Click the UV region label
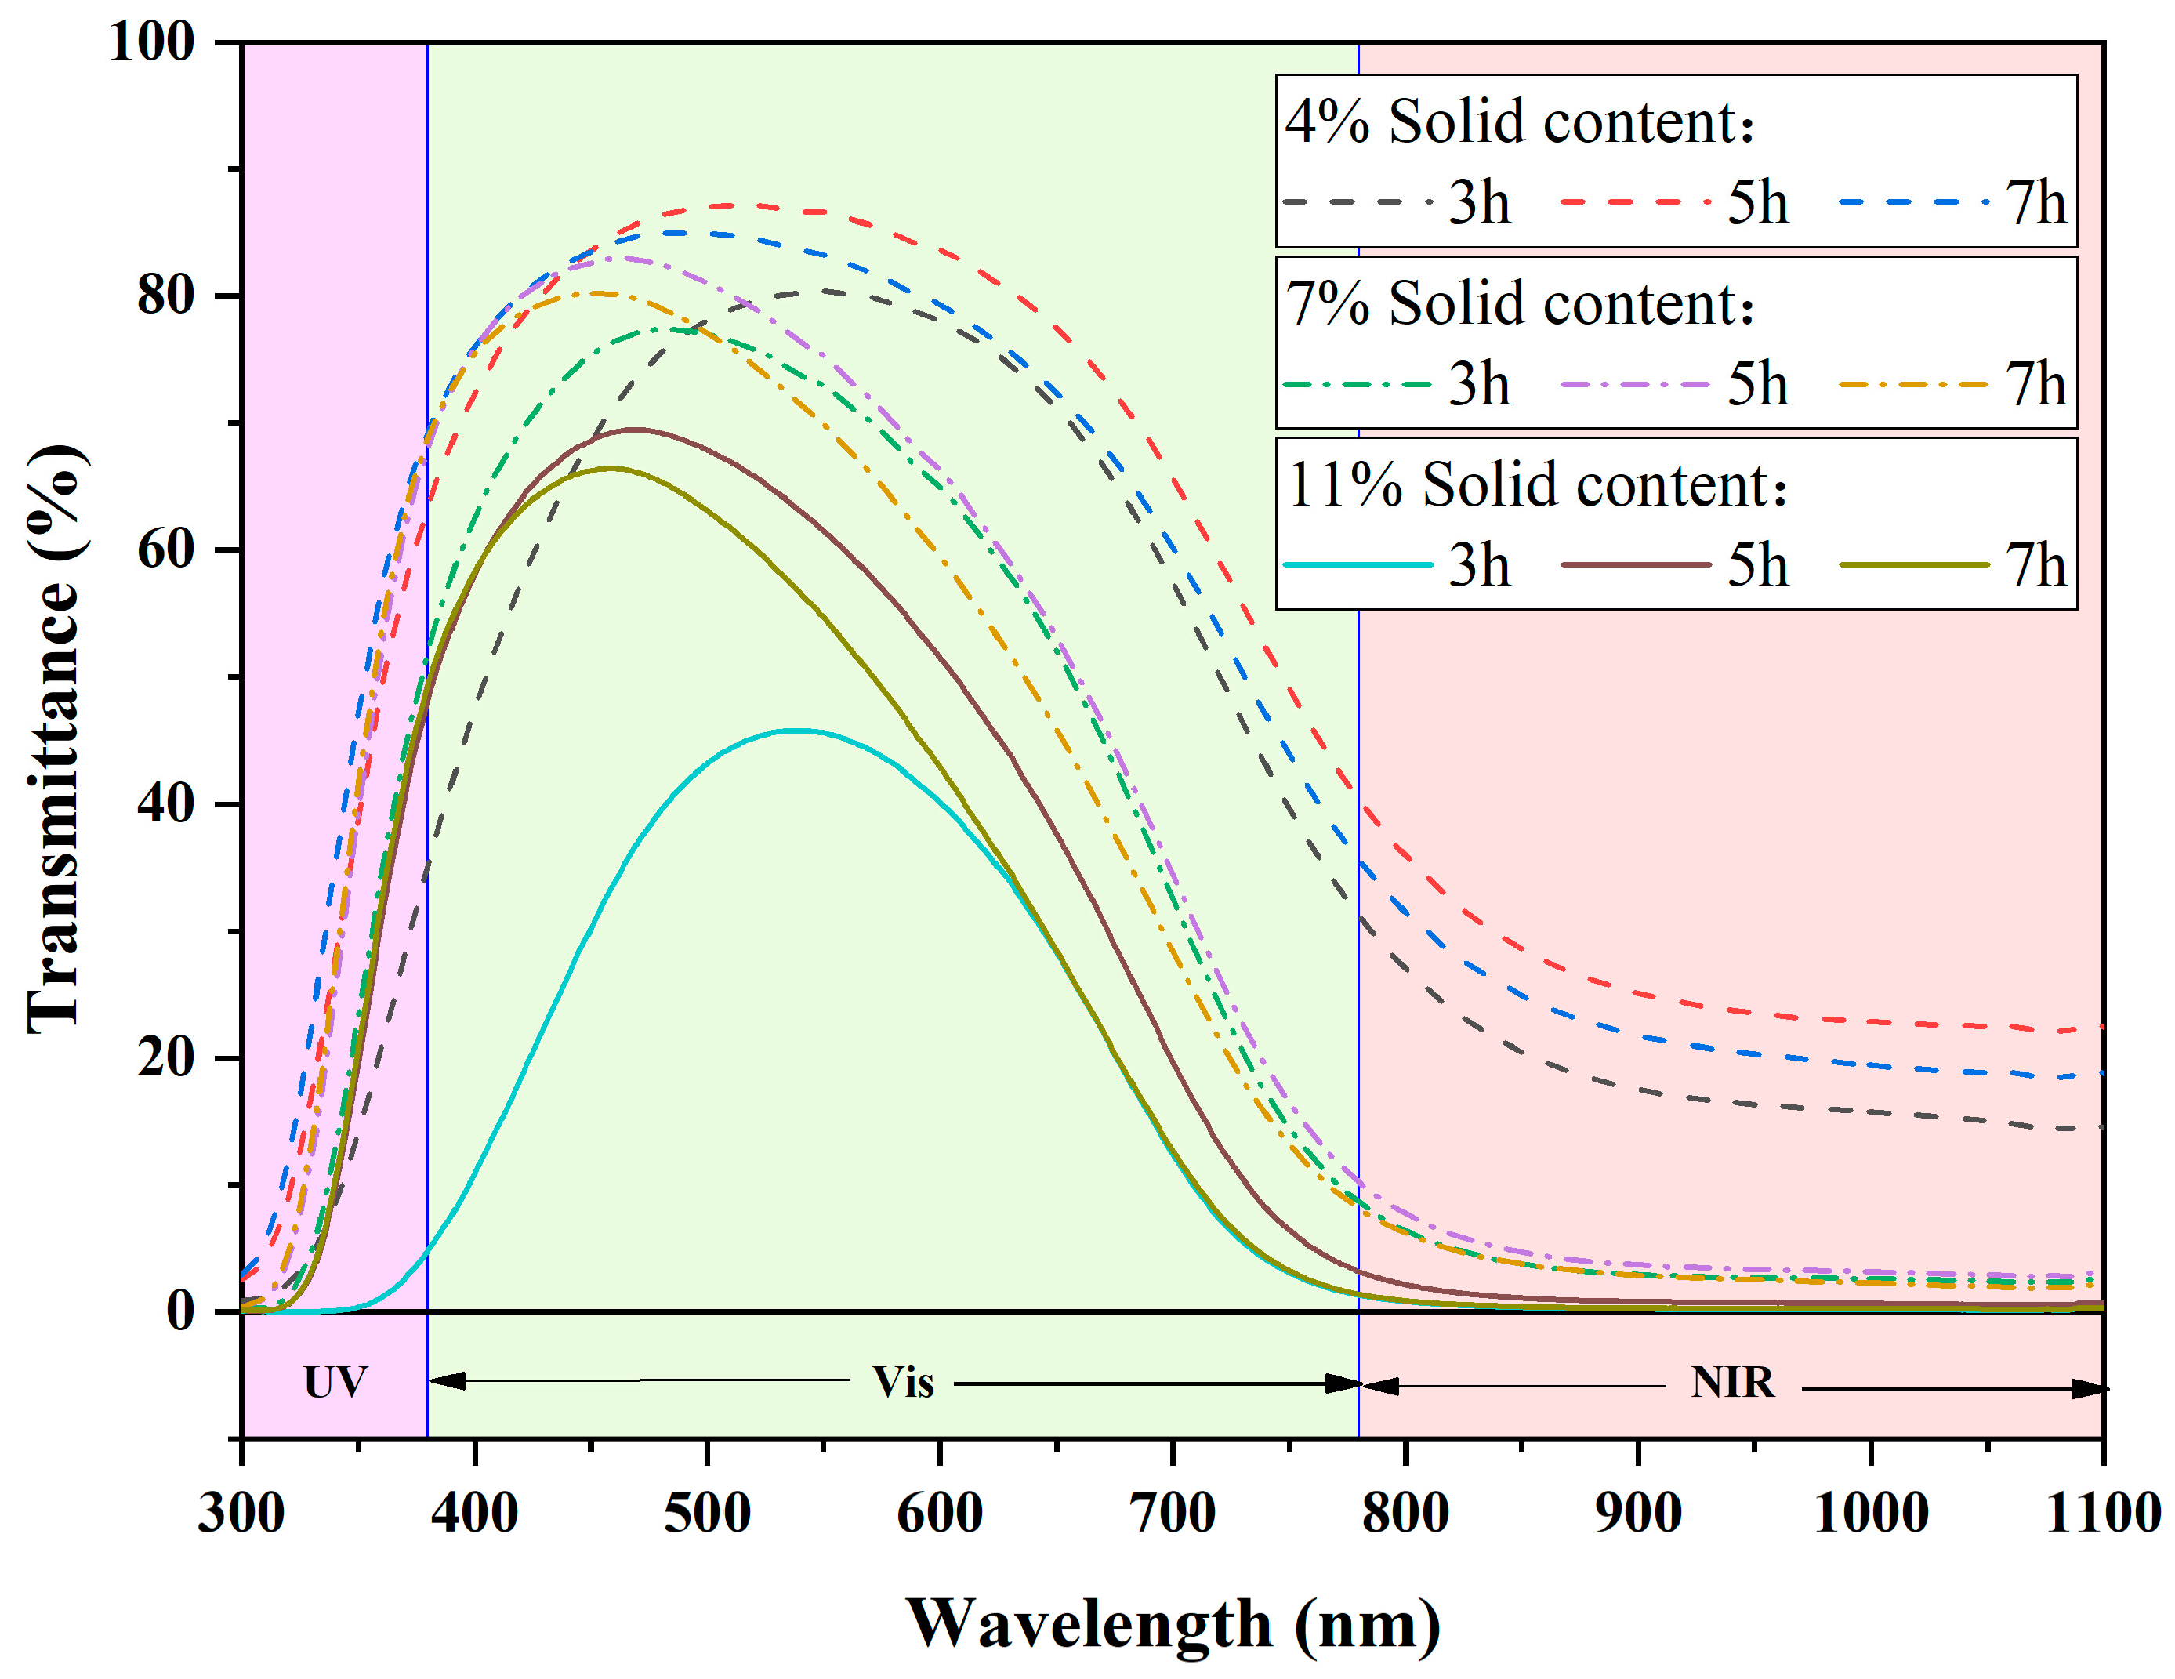tap(335, 1382)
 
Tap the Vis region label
tap(903, 1382)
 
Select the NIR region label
tap(1733, 1382)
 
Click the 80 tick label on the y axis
tap(165, 296)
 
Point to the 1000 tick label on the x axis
tap(1871, 1514)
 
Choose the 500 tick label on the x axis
tap(707, 1514)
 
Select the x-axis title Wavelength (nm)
tap(1173, 1625)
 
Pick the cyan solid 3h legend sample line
tap(1358, 564)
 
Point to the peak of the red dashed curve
tap(732, 205)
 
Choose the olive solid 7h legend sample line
tap(1913, 564)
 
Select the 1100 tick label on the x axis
tap(2102, 1514)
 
